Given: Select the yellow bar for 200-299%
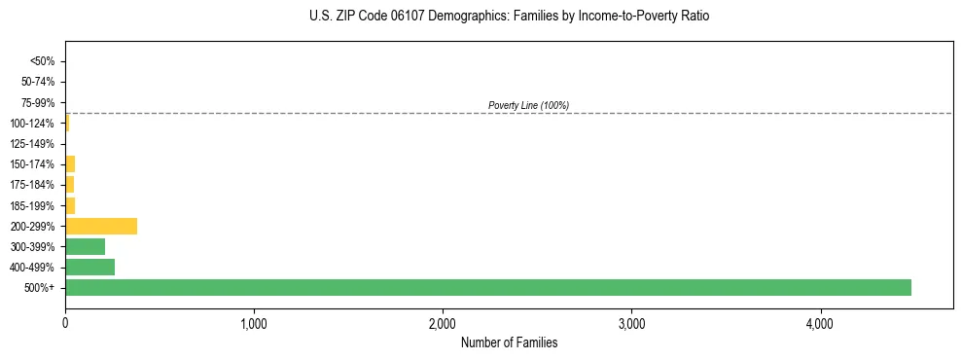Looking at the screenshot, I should click(101, 226).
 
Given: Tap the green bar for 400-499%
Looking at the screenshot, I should click(89, 267).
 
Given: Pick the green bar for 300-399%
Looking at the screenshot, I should click(85, 246).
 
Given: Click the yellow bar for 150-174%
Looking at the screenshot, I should click(70, 163).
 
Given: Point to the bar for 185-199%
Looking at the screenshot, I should click(70, 205).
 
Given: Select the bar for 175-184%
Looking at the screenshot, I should click(69, 184).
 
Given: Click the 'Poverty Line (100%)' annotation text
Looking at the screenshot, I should click(528, 105).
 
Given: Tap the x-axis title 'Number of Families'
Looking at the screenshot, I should click(509, 342).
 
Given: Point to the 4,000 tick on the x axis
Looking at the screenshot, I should click(820, 322).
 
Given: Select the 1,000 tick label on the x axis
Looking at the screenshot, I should click(254, 322).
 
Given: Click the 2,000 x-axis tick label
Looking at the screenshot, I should click(443, 322).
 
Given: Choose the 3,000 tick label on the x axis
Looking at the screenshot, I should click(631, 322).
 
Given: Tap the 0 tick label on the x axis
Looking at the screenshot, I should click(65, 322).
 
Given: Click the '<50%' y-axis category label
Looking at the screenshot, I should click(43, 61).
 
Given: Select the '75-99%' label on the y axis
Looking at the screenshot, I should click(39, 102).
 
